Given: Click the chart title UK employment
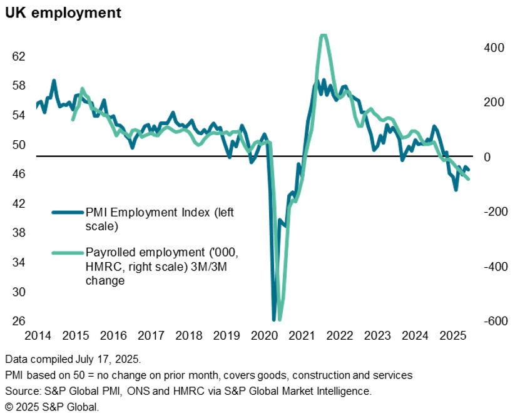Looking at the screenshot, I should (x=63, y=13).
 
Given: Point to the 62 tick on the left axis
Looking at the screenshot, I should (x=19, y=56).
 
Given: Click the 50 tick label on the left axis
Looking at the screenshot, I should (x=19, y=145).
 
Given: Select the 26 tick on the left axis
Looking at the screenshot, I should (x=19, y=321).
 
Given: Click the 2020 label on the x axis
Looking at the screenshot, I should (x=263, y=337).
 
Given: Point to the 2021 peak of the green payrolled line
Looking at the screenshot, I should (x=323, y=36).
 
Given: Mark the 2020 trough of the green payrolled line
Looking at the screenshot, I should (x=279, y=318).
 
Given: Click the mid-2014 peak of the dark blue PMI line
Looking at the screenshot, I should (x=54, y=81).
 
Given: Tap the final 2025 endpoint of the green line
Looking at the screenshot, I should (x=468, y=180).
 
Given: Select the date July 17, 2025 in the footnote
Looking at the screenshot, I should (x=110, y=360).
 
